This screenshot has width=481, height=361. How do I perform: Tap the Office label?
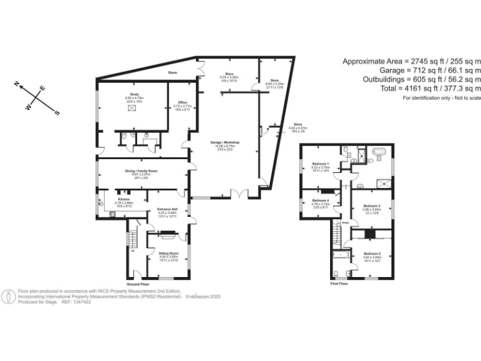click(183, 103)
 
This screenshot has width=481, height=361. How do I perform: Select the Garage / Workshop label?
click(225, 143)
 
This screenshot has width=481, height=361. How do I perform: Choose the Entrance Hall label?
click(167, 209)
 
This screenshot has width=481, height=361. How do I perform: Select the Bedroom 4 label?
click(321, 201)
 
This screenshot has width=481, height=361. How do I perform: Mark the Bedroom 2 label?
click(372, 253)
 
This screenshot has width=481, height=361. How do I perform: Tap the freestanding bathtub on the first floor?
click(380, 152)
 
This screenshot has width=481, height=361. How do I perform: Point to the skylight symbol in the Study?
click(132, 108)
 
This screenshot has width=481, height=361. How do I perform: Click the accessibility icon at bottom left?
click(9, 296)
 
